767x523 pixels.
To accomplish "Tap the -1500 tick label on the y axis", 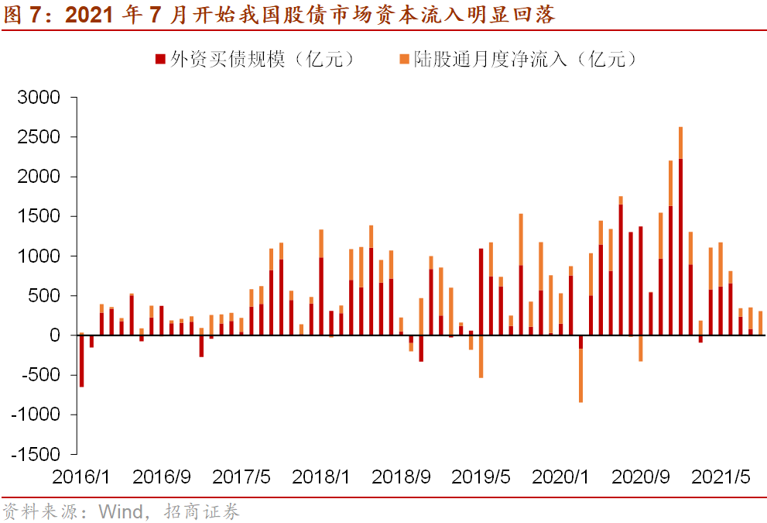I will tap(35, 454).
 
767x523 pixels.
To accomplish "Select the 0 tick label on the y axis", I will tap(54, 335).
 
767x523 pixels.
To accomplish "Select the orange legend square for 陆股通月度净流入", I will tap(404, 60).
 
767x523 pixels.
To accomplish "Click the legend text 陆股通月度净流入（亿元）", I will tap(526, 60).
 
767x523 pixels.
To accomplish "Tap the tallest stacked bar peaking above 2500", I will tap(680, 232).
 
